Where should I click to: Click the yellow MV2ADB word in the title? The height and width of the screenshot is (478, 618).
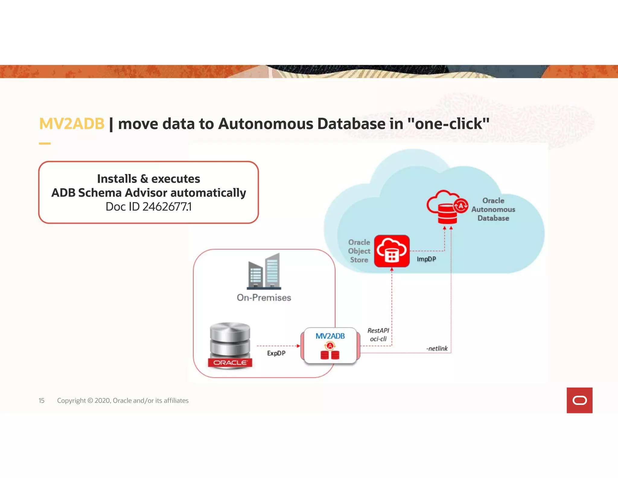[72, 124]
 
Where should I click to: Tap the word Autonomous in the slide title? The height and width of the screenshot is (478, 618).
[266, 124]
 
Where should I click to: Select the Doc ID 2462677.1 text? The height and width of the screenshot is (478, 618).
[148, 207]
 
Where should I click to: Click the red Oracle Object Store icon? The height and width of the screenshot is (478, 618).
[392, 251]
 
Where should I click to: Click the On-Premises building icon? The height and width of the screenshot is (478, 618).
[264, 271]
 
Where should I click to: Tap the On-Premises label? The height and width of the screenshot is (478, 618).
[264, 298]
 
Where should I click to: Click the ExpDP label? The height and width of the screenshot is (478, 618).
[276, 353]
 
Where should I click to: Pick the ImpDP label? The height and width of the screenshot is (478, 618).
[426, 259]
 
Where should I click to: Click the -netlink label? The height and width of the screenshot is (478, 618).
[437, 349]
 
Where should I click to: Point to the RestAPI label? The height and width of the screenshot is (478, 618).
[378, 331]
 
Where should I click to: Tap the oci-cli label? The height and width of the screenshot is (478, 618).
[378, 339]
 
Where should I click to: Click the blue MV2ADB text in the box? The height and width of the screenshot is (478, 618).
[330, 336]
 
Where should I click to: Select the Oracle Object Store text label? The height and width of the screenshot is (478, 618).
[359, 251]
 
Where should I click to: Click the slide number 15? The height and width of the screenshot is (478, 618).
[42, 401]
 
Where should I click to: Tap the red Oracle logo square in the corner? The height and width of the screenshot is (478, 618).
[579, 400]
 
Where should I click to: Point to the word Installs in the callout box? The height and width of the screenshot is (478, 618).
[117, 179]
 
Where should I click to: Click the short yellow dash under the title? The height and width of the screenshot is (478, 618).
[45, 144]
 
